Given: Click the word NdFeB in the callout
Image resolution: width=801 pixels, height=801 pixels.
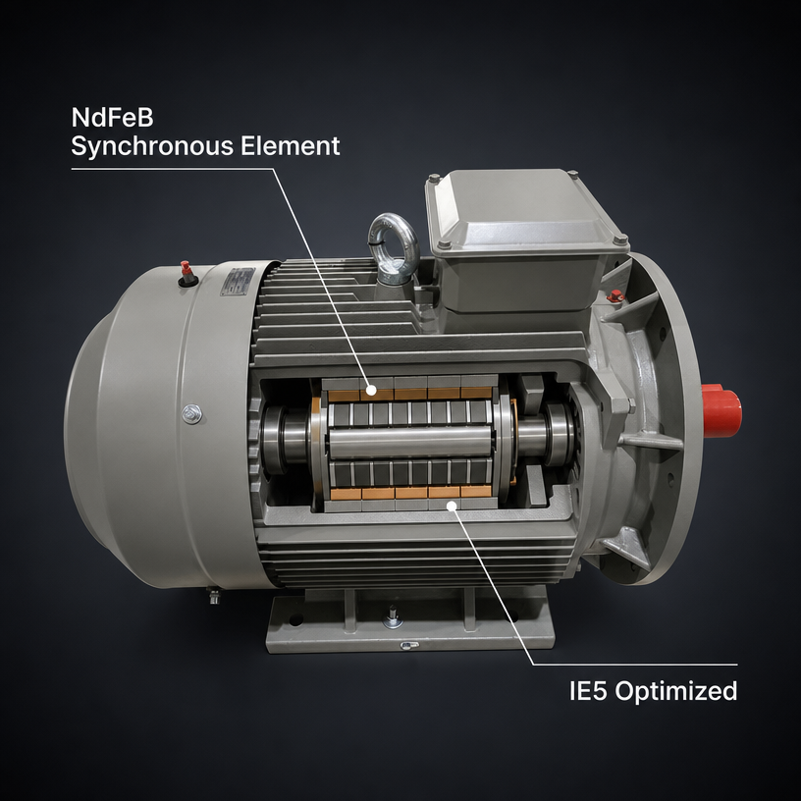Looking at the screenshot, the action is (x=112, y=118).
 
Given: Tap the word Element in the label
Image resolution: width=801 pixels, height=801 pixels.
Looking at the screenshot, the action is (x=291, y=145).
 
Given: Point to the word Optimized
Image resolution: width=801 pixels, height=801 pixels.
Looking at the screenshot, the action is (x=675, y=692).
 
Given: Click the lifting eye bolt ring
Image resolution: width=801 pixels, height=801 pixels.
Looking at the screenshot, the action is (x=394, y=240).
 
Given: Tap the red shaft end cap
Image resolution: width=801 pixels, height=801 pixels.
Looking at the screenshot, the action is (x=721, y=410).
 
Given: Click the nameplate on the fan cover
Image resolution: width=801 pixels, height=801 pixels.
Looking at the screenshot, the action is (x=237, y=282).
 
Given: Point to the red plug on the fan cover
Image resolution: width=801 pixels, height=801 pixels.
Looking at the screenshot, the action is (x=187, y=273).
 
